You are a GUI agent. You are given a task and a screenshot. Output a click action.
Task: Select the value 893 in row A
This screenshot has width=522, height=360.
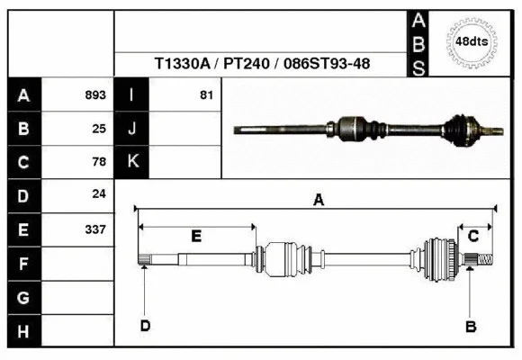tap(95, 94)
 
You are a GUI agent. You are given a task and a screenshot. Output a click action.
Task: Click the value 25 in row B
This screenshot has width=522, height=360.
tap(99, 128)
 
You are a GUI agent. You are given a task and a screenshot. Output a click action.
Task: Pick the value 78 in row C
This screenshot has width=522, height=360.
tap(99, 162)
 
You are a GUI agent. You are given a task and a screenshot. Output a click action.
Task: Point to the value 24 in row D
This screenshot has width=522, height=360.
tap(99, 194)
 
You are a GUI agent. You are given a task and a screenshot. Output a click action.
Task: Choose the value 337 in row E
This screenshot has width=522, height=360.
tap(95, 229)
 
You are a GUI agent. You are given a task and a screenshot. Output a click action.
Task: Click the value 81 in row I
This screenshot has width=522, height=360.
tap(206, 94)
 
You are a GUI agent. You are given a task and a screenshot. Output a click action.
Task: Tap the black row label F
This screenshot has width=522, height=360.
tap(23, 265)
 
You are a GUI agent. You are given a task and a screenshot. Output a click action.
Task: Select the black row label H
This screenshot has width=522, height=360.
tap(23, 332)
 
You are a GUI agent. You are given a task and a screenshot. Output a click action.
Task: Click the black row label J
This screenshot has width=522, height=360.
tap(132, 128)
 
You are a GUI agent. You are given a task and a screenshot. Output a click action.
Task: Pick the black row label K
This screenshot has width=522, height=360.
tap(132, 162)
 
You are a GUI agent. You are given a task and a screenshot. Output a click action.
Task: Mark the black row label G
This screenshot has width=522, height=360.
tap(23, 298)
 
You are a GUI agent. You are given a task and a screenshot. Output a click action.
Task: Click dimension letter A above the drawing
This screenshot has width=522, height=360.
tap(318, 201)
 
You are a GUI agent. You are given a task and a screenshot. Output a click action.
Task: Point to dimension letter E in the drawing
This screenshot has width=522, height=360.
tap(196, 236)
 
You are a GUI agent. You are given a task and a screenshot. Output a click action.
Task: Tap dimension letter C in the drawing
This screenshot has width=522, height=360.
tap(473, 236)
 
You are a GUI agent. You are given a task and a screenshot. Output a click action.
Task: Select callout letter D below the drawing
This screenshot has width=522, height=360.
tap(145, 326)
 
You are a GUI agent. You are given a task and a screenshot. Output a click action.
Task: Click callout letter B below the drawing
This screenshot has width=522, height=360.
tap(470, 327)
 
